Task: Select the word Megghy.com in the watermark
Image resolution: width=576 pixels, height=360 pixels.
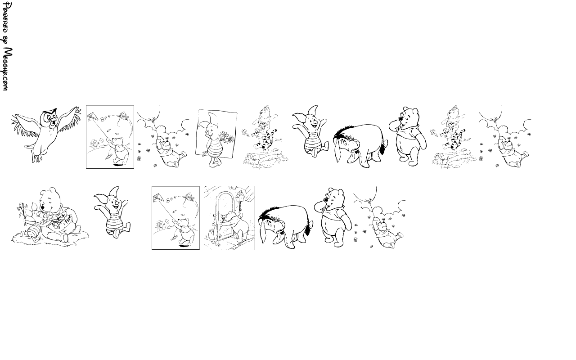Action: [x=7, y=69]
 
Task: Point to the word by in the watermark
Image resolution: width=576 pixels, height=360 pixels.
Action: [x=6, y=40]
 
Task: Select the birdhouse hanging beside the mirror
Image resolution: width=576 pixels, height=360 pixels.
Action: [x=241, y=196]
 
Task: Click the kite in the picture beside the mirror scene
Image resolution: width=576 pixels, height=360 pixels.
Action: [x=158, y=198]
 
